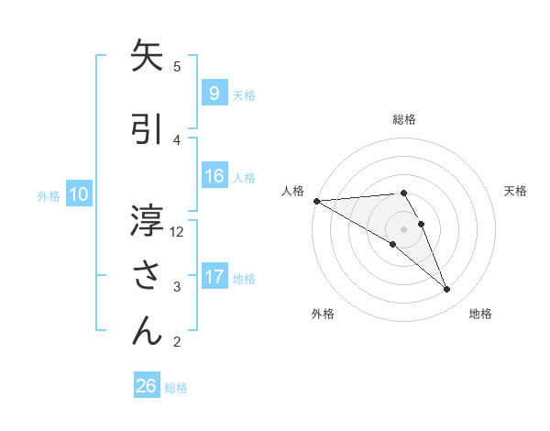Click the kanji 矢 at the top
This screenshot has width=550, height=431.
pos(148,56)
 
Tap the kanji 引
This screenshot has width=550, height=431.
pos(148,129)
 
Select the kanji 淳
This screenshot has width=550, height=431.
pos(148,221)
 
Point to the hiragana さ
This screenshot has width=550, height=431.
pos(148,275)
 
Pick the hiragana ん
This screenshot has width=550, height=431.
pos(148,330)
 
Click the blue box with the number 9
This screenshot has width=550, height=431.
pos(214,94)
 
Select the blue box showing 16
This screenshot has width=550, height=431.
pos(214,176)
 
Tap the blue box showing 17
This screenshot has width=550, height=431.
pos(214,277)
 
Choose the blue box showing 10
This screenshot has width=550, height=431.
pos(79,194)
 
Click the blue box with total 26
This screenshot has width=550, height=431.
pos(147,386)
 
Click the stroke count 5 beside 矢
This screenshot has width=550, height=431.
pos(177,66)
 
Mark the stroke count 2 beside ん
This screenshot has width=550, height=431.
pos(177,343)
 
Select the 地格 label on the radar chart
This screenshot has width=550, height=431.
pos(480,314)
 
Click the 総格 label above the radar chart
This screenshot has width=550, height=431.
pos(404,119)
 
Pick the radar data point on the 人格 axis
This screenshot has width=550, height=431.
pos(316,201)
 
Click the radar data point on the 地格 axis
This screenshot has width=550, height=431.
pos(446,290)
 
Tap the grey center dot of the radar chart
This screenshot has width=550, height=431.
pos(403,228)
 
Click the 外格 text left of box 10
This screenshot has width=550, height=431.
pos(49,195)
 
